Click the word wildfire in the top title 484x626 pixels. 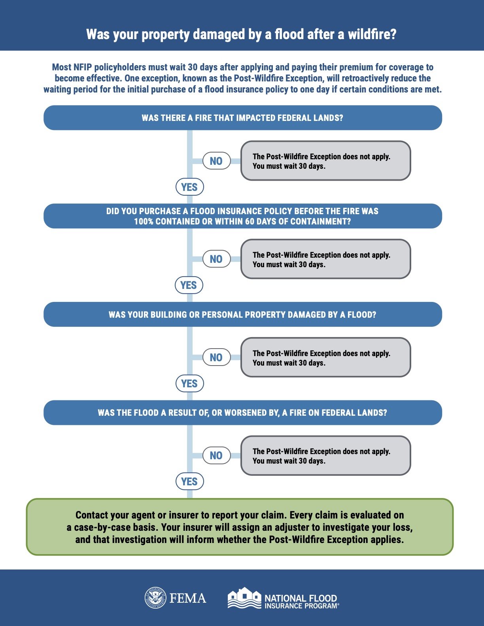coord(372,34)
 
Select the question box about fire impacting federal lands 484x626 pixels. coord(242,118)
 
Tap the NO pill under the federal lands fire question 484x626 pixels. coord(216,161)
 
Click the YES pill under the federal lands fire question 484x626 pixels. coord(189,187)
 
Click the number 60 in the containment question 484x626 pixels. coord(250,221)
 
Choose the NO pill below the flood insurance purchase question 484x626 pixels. coord(216,259)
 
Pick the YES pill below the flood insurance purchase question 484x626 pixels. coord(189,285)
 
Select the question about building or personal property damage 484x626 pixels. coord(242,315)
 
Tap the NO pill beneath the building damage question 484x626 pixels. coord(216,357)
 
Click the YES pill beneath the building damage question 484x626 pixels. coord(189,383)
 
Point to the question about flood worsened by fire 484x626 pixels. coord(242,413)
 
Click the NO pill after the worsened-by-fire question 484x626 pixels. coord(216,455)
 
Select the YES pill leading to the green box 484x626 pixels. coord(189,481)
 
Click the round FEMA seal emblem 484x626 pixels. coord(155,598)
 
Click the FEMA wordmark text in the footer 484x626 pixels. coord(188,598)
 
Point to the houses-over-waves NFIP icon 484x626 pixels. coord(244,598)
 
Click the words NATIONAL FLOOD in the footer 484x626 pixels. coord(301,598)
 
